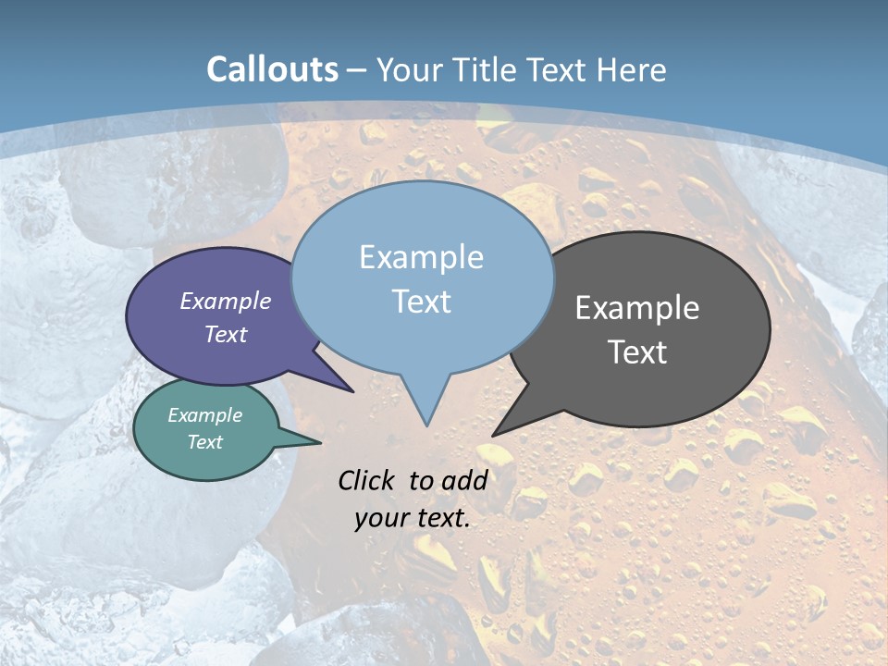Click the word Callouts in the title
click(272, 69)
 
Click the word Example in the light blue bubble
click(421, 257)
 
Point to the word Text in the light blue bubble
click(421, 302)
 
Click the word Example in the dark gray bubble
click(637, 308)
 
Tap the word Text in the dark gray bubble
click(637, 352)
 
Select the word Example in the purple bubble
click(226, 301)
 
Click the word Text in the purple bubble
click(226, 334)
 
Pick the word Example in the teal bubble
click(205, 415)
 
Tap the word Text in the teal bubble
click(205, 442)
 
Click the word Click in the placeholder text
click(369, 480)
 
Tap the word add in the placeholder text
click(464, 480)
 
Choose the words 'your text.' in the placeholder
click(413, 518)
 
